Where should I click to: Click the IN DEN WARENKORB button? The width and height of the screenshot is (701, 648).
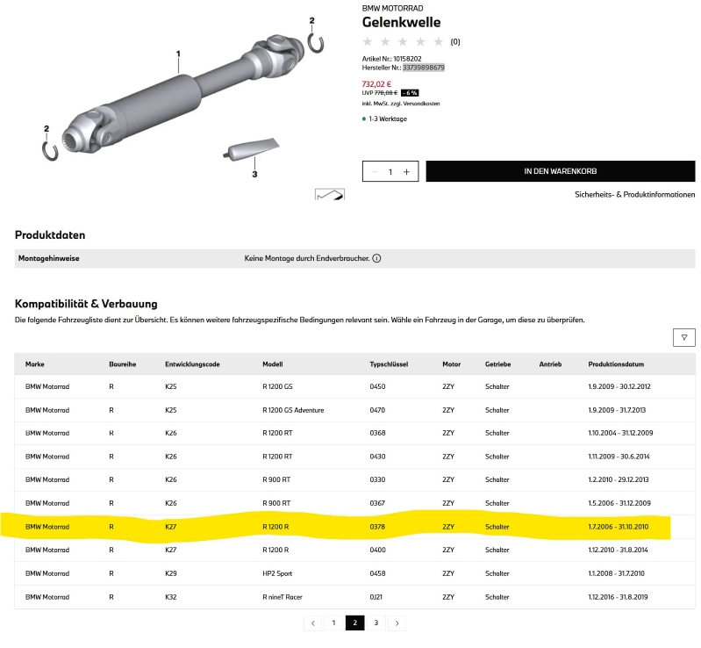(x=560, y=171)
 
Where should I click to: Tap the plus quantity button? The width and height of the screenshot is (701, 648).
(x=406, y=172)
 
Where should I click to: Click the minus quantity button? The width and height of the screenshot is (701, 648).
(x=375, y=172)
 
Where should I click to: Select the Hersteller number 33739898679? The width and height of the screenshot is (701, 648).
(x=424, y=68)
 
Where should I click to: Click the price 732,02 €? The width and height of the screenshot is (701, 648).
(x=376, y=84)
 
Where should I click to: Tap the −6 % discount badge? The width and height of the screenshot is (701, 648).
(x=410, y=93)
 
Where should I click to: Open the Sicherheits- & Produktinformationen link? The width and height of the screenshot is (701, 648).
(x=635, y=195)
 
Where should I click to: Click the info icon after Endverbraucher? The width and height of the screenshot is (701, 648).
(x=377, y=258)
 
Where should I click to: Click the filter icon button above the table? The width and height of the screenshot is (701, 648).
(x=684, y=337)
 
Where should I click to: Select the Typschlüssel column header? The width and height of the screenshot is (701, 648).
(x=389, y=364)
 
